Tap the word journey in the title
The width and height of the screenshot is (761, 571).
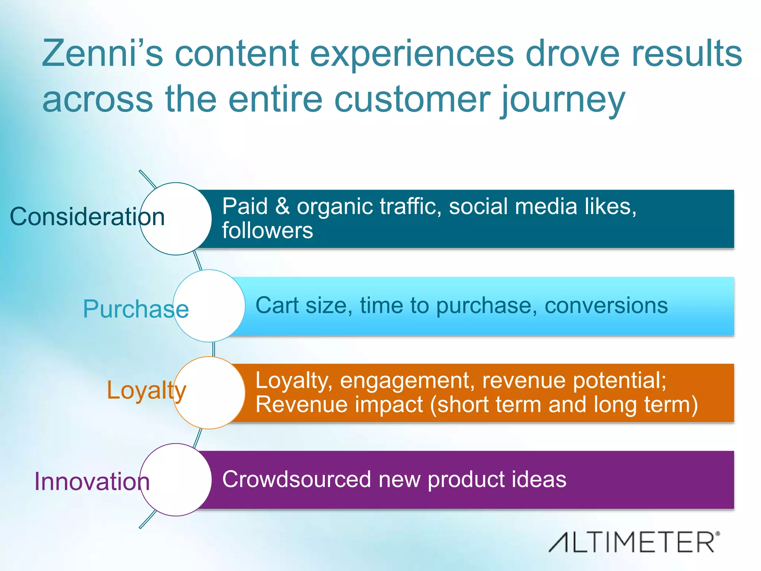pos(563,100)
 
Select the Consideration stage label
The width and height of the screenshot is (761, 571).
pos(87,217)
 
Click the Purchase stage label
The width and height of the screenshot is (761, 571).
pos(136,309)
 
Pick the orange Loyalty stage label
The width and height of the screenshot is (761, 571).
pos(146,390)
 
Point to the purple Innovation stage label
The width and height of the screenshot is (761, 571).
pos(92,481)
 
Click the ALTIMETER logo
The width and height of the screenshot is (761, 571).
pos(634,542)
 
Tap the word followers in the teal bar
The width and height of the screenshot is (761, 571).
pos(268,230)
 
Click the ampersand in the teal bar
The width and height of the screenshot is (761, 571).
pos(282,206)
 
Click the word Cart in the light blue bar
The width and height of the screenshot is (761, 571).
pos(277,306)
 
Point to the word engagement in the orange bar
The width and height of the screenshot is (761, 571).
pos(407,381)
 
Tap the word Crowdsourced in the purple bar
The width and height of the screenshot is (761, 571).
pos(296,479)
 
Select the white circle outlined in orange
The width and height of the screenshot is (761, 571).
pos(209,393)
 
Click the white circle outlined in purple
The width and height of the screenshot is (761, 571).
pos(176,480)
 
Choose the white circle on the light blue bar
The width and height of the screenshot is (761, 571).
pos(209,306)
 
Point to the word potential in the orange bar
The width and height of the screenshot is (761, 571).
pos(619,381)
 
